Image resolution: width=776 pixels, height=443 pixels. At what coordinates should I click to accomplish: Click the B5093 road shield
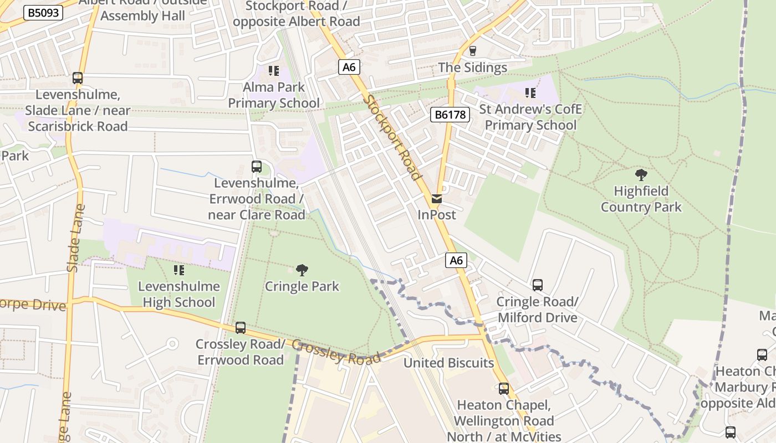coord(43,13)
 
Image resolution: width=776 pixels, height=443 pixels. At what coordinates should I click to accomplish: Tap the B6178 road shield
coord(450,115)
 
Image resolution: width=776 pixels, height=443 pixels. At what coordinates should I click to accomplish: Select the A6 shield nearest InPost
coord(456,260)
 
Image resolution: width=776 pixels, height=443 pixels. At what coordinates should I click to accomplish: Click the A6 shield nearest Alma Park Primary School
coord(349,67)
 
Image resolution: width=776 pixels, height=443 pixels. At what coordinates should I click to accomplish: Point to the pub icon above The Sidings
coord(472,51)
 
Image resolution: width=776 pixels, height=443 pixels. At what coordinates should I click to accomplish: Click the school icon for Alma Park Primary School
coord(274,71)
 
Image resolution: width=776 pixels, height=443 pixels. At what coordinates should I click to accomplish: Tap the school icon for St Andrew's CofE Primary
coord(530,93)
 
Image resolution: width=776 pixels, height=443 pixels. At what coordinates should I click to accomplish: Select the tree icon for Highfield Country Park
coord(641,176)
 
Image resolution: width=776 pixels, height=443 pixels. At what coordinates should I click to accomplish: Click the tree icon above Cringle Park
coord(302,270)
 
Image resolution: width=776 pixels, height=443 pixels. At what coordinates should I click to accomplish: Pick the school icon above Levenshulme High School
coord(178,270)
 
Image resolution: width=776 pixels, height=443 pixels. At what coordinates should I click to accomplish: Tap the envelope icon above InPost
coord(437,199)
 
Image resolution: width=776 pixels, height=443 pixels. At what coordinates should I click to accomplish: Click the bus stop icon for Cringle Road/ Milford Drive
coord(538,285)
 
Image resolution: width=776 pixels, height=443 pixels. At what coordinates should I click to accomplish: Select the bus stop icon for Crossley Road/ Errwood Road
coord(240,327)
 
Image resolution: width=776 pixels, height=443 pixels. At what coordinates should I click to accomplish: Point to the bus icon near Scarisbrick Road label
coord(78,78)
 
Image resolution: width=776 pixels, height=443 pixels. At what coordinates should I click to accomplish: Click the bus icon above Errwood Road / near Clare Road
coord(256,167)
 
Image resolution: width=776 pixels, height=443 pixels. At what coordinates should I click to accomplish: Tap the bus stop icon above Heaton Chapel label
coord(503,389)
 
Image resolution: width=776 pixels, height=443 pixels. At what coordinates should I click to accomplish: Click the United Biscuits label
coord(448,363)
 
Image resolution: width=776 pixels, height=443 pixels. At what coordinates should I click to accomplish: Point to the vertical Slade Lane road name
coord(76,238)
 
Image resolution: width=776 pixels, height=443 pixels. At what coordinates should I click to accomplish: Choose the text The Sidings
coord(472,68)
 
